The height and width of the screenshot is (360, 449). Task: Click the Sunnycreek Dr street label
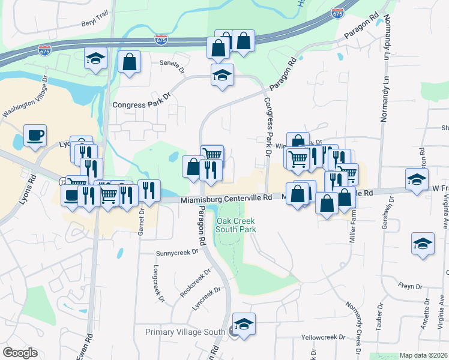(x=177, y=253)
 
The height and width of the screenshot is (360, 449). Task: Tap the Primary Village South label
(x=186, y=332)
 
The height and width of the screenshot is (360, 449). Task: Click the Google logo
(x=20, y=353)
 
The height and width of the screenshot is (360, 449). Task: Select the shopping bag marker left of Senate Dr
(x=129, y=62)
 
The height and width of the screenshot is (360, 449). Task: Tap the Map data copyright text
(x=423, y=355)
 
